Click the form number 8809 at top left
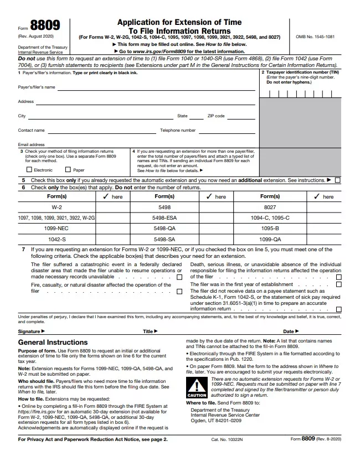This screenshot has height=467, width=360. (x=45, y=26)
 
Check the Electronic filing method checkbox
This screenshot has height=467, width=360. (x=29, y=170)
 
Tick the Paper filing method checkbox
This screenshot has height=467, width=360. (x=68, y=170)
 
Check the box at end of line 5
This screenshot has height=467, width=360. (x=338, y=180)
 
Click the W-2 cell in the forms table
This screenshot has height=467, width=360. (x=56, y=207)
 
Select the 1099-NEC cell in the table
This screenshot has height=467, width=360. (x=56, y=228)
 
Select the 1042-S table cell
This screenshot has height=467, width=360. (x=56, y=239)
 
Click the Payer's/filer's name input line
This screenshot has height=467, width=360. (x=155, y=87)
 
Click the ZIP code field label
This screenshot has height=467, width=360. (x=216, y=116)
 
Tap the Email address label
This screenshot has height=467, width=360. (x=31, y=145)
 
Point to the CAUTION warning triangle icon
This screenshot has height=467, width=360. (x=196, y=386)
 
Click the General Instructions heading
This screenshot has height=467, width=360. (x=53, y=343)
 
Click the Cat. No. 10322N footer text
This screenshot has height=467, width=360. (x=227, y=439)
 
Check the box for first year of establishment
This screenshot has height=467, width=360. (x=338, y=284)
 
